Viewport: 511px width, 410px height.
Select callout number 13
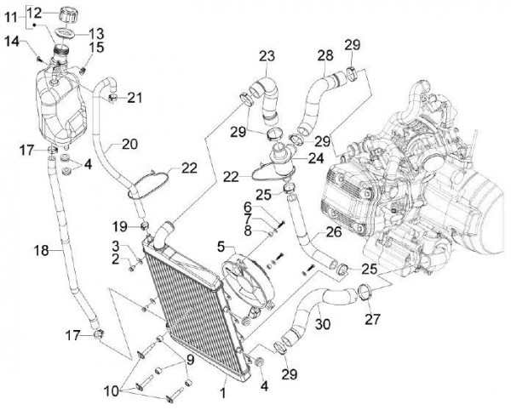95,32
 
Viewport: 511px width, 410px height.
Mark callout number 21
135,98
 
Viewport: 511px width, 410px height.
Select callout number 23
267,57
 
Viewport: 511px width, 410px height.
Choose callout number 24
315,157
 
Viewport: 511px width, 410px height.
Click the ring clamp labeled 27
365,296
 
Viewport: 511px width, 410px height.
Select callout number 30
321,323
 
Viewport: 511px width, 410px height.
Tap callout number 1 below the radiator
223,393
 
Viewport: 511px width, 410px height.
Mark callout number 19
119,225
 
